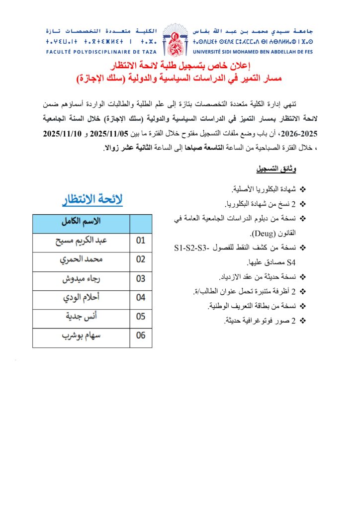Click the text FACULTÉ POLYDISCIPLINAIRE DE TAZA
click(101, 52)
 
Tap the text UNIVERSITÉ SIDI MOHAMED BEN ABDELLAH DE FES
click(255, 52)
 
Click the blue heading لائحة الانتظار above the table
click(92, 200)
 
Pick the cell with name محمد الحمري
click(81, 259)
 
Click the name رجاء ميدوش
click(81, 279)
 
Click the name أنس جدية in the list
click(81, 316)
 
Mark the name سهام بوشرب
click(81, 336)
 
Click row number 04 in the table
click(141, 298)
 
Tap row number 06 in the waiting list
click(141, 336)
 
